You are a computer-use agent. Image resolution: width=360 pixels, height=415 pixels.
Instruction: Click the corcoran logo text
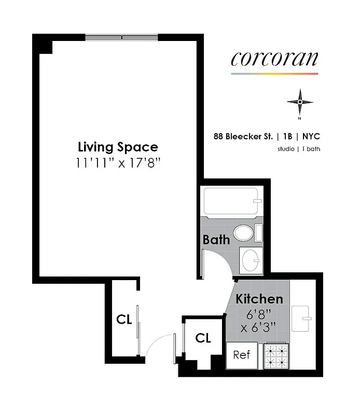pyautogui.click(x=274, y=59)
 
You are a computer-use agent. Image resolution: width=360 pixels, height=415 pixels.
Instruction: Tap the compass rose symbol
pyautogui.click(x=299, y=102)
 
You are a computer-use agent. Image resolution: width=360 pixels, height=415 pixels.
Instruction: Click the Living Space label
pyautogui.click(x=118, y=147)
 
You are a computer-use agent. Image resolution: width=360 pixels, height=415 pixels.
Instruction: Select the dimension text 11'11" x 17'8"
pyautogui.click(x=118, y=162)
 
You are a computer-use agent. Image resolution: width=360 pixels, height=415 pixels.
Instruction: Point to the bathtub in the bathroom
pyautogui.click(x=229, y=203)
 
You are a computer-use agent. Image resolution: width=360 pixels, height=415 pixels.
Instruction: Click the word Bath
pyautogui.click(x=216, y=240)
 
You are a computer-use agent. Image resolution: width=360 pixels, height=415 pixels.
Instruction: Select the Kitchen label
pyautogui.click(x=259, y=299)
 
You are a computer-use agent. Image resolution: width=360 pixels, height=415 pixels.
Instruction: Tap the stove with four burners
pyautogui.click(x=276, y=355)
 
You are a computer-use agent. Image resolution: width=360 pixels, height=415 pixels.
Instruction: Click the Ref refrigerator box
pyautogui.click(x=242, y=355)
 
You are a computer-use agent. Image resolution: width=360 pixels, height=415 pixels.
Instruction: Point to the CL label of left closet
pyautogui.click(x=124, y=320)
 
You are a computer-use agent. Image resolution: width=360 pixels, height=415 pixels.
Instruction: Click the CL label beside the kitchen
pyautogui.click(x=203, y=338)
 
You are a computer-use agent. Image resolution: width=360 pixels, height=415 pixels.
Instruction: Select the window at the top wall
pyautogui.click(x=121, y=37)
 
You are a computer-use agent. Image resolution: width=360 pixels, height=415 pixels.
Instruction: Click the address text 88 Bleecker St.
pyautogui.click(x=243, y=136)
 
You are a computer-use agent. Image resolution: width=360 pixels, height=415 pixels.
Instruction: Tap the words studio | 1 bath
pyautogui.click(x=298, y=149)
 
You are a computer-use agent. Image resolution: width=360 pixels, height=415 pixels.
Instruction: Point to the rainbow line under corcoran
pyautogui.click(x=274, y=74)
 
